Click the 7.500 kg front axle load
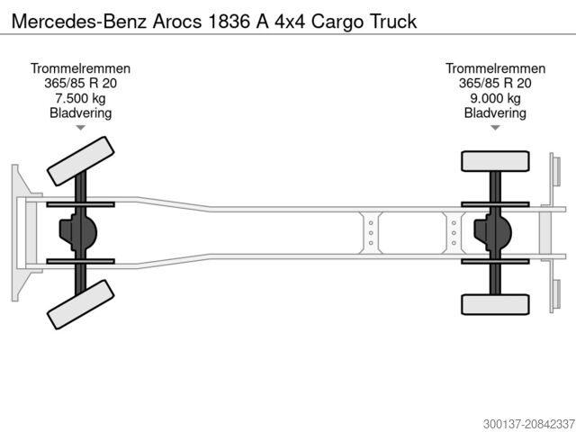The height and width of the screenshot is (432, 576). point(80,98)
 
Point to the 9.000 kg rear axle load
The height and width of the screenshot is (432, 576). point(495,98)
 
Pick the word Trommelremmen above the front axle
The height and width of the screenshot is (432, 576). point(80,68)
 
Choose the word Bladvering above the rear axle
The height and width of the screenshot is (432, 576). point(495,112)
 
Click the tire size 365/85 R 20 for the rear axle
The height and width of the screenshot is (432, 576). point(495,84)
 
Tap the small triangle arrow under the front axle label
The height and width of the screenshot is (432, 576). point(80,128)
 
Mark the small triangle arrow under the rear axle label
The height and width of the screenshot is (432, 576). point(495,128)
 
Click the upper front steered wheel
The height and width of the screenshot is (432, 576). point(80,161)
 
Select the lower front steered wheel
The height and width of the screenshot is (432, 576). point(80,304)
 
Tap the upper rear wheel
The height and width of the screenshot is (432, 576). point(493,161)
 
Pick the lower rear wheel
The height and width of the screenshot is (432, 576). point(493,304)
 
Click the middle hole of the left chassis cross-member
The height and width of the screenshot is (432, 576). point(371,232)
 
